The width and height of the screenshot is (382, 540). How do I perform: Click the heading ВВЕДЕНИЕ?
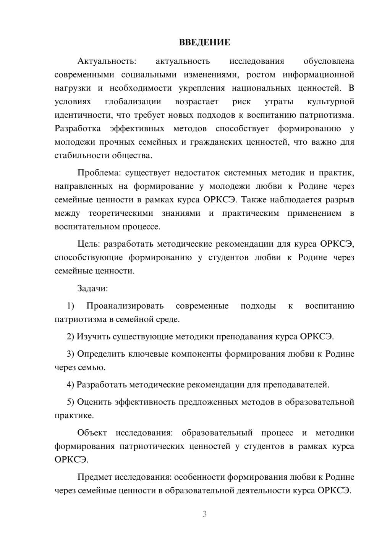point(204,42)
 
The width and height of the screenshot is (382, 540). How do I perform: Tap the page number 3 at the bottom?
point(204,514)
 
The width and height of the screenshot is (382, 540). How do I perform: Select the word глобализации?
point(133,102)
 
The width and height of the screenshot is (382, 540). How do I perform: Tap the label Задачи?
point(92,288)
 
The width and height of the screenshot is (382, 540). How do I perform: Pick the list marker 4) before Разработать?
point(70,385)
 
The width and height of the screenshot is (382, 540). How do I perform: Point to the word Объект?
point(92,433)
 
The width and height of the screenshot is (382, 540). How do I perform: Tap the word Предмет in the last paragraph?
point(95,477)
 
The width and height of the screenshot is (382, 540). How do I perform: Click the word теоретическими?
point(121,213)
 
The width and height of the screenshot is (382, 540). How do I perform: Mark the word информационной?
point(318,74)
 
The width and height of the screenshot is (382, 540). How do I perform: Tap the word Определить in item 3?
point(100,354)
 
